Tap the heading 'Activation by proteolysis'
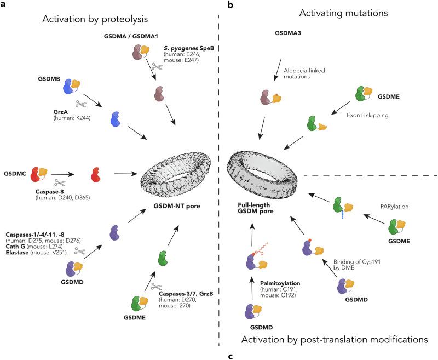pos(97,21)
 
